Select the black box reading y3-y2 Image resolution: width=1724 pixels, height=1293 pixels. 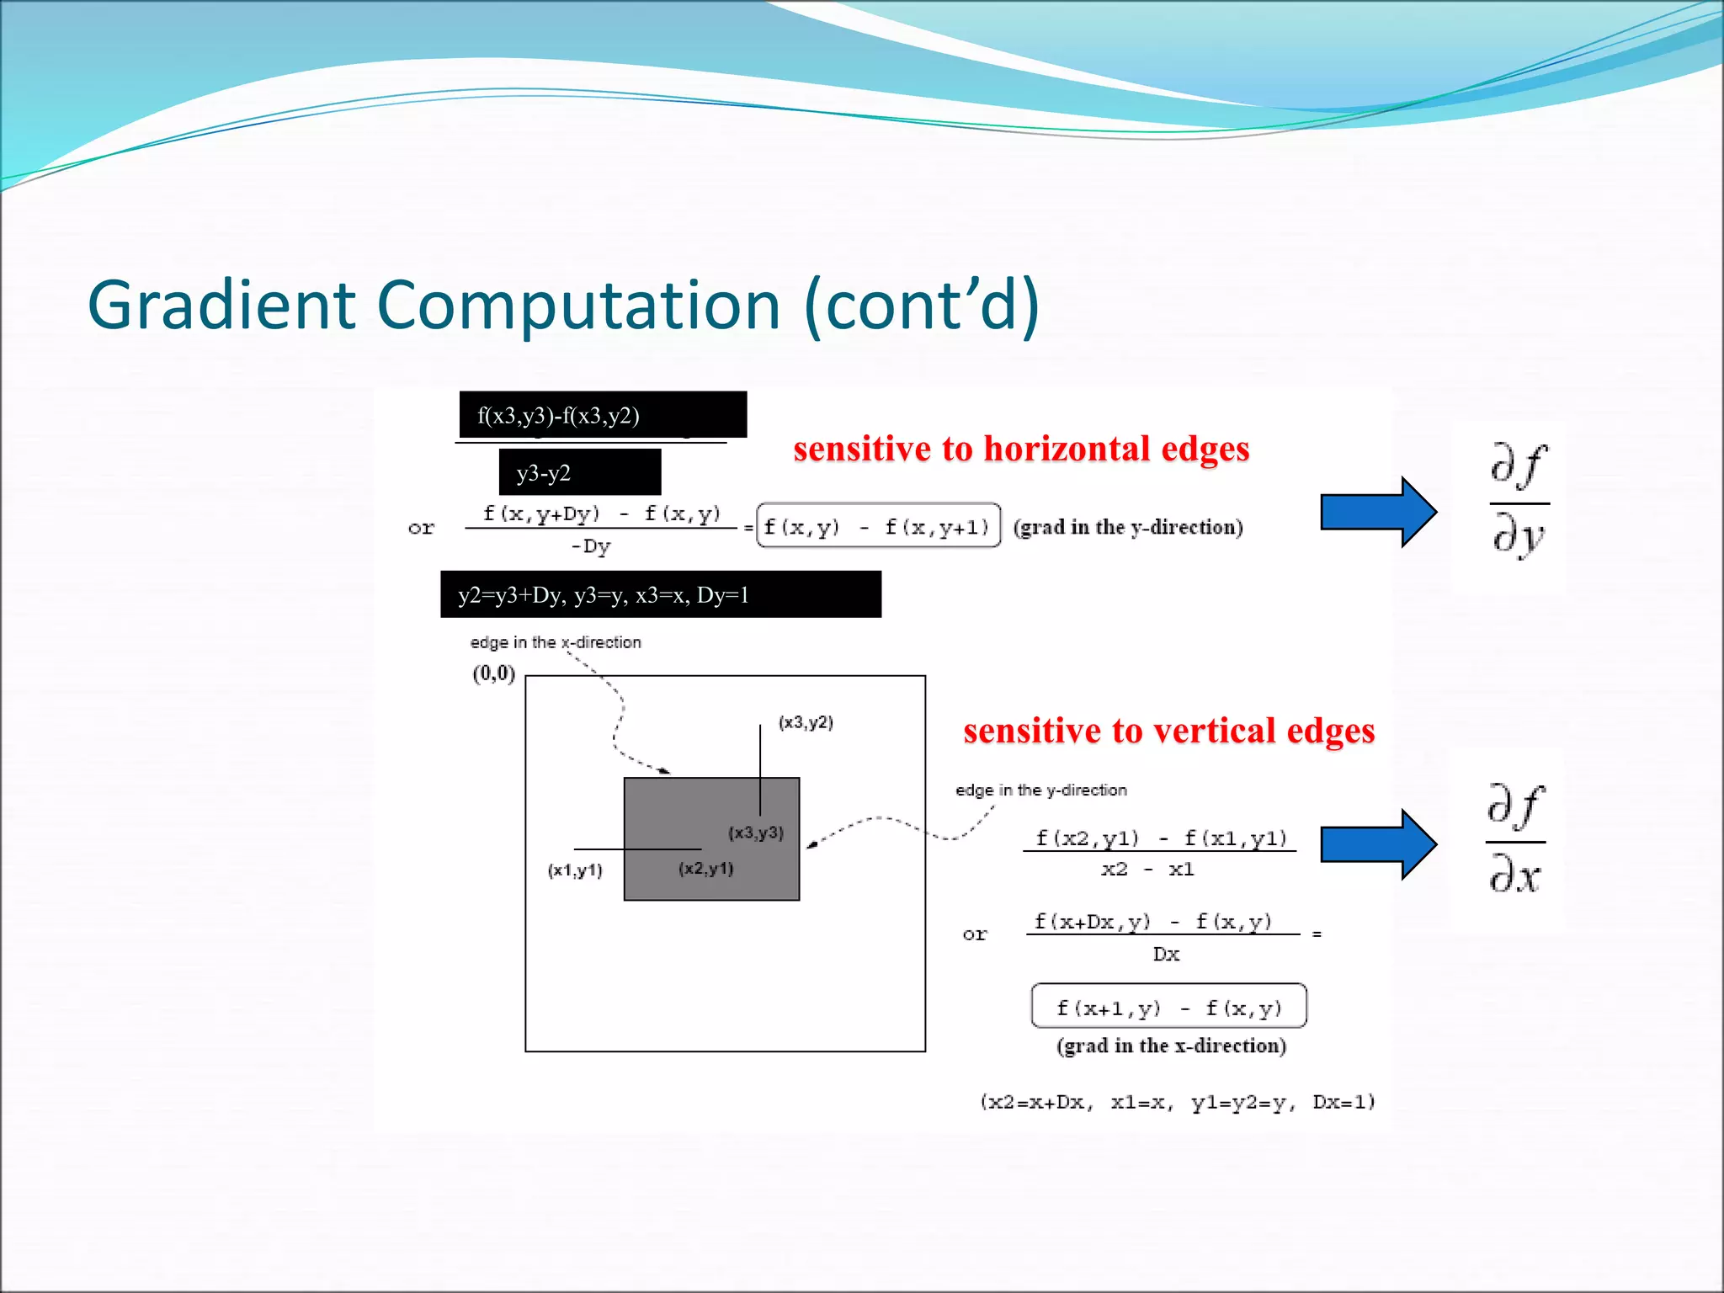click(x=579, y=472)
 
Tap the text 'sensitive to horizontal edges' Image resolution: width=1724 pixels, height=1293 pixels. click(x=1021, y=449)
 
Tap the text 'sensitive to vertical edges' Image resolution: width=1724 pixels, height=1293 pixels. click(x=1168, y=731)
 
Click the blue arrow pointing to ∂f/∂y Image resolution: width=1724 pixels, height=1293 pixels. click(x=1376, y=512)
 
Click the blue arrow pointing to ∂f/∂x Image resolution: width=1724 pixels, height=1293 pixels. click(x=1376, y=844)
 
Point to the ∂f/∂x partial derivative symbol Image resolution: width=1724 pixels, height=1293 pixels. click(x=1515, y=838)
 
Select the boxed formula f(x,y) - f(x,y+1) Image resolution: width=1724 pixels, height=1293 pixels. click(x=878, y=526)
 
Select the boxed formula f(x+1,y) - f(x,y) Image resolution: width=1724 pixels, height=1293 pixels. click(x=1168, y=1007)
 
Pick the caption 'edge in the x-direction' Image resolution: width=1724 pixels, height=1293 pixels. click(x=555, y=642)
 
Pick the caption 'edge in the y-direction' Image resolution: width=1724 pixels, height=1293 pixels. click(x=1040, y=790)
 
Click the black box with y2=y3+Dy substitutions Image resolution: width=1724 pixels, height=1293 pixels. click(x=660, y=594)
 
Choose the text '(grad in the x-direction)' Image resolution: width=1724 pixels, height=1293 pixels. click(x=1171, y=1046)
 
